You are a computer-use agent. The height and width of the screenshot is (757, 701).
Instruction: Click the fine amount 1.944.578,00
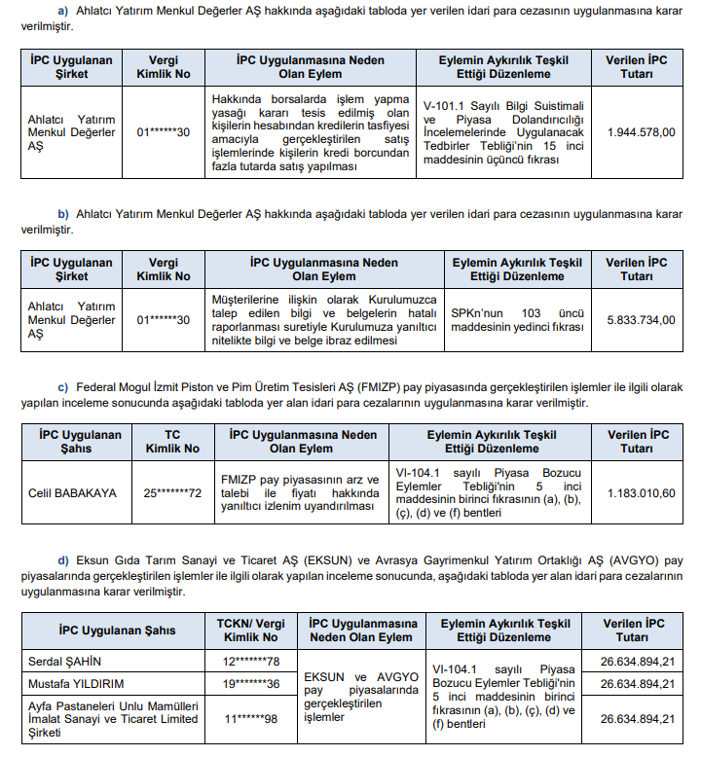(x=640, y=132)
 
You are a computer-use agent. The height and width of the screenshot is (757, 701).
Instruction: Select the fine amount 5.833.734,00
(x=640, y=318)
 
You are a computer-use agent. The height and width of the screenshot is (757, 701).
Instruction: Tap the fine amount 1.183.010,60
(x=640, y=493)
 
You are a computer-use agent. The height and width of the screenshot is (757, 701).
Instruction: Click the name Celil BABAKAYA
(x=72, y=493)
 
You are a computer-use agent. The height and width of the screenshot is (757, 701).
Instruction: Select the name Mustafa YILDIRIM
(x=75, y=683)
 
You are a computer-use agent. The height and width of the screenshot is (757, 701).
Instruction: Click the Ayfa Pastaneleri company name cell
(x=112, y=718)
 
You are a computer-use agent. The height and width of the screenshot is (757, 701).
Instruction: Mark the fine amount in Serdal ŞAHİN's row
(x=639, y=662)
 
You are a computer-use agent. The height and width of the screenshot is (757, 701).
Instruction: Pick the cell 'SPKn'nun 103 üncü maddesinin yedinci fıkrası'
(x=517, y=318)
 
